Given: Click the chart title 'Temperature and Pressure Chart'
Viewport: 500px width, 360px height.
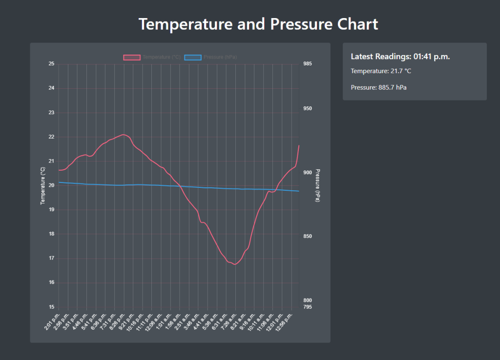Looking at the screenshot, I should coord(258,24).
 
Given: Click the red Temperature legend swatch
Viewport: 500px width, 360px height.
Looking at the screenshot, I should coord(132,57).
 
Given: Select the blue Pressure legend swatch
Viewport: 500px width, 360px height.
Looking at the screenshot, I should coord(193,57).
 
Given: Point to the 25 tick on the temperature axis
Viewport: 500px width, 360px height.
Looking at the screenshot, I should coord(52,64).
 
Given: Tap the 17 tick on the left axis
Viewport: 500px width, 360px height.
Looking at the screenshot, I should coord(52,259).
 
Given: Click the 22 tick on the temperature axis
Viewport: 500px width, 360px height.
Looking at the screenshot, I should coord(52,137).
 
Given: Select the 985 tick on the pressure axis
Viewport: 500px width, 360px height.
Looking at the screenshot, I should coord(308,64).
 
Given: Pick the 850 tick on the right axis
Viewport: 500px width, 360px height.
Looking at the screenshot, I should coord(308,237).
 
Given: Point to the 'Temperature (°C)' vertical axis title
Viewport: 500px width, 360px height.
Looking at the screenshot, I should coord(42,185).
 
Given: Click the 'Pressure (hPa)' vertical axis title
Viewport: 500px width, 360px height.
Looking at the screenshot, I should coord(318,185).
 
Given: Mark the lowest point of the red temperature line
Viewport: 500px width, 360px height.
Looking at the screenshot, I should coord(235,264).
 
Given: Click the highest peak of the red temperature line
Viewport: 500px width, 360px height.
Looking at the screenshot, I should coord(124,134).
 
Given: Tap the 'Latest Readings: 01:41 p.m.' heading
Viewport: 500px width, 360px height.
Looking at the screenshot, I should coord(400,57).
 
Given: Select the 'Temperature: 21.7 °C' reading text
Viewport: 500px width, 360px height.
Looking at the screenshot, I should coord(381,71).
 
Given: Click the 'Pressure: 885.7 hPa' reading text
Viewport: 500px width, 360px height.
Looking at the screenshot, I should coord(378,88).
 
